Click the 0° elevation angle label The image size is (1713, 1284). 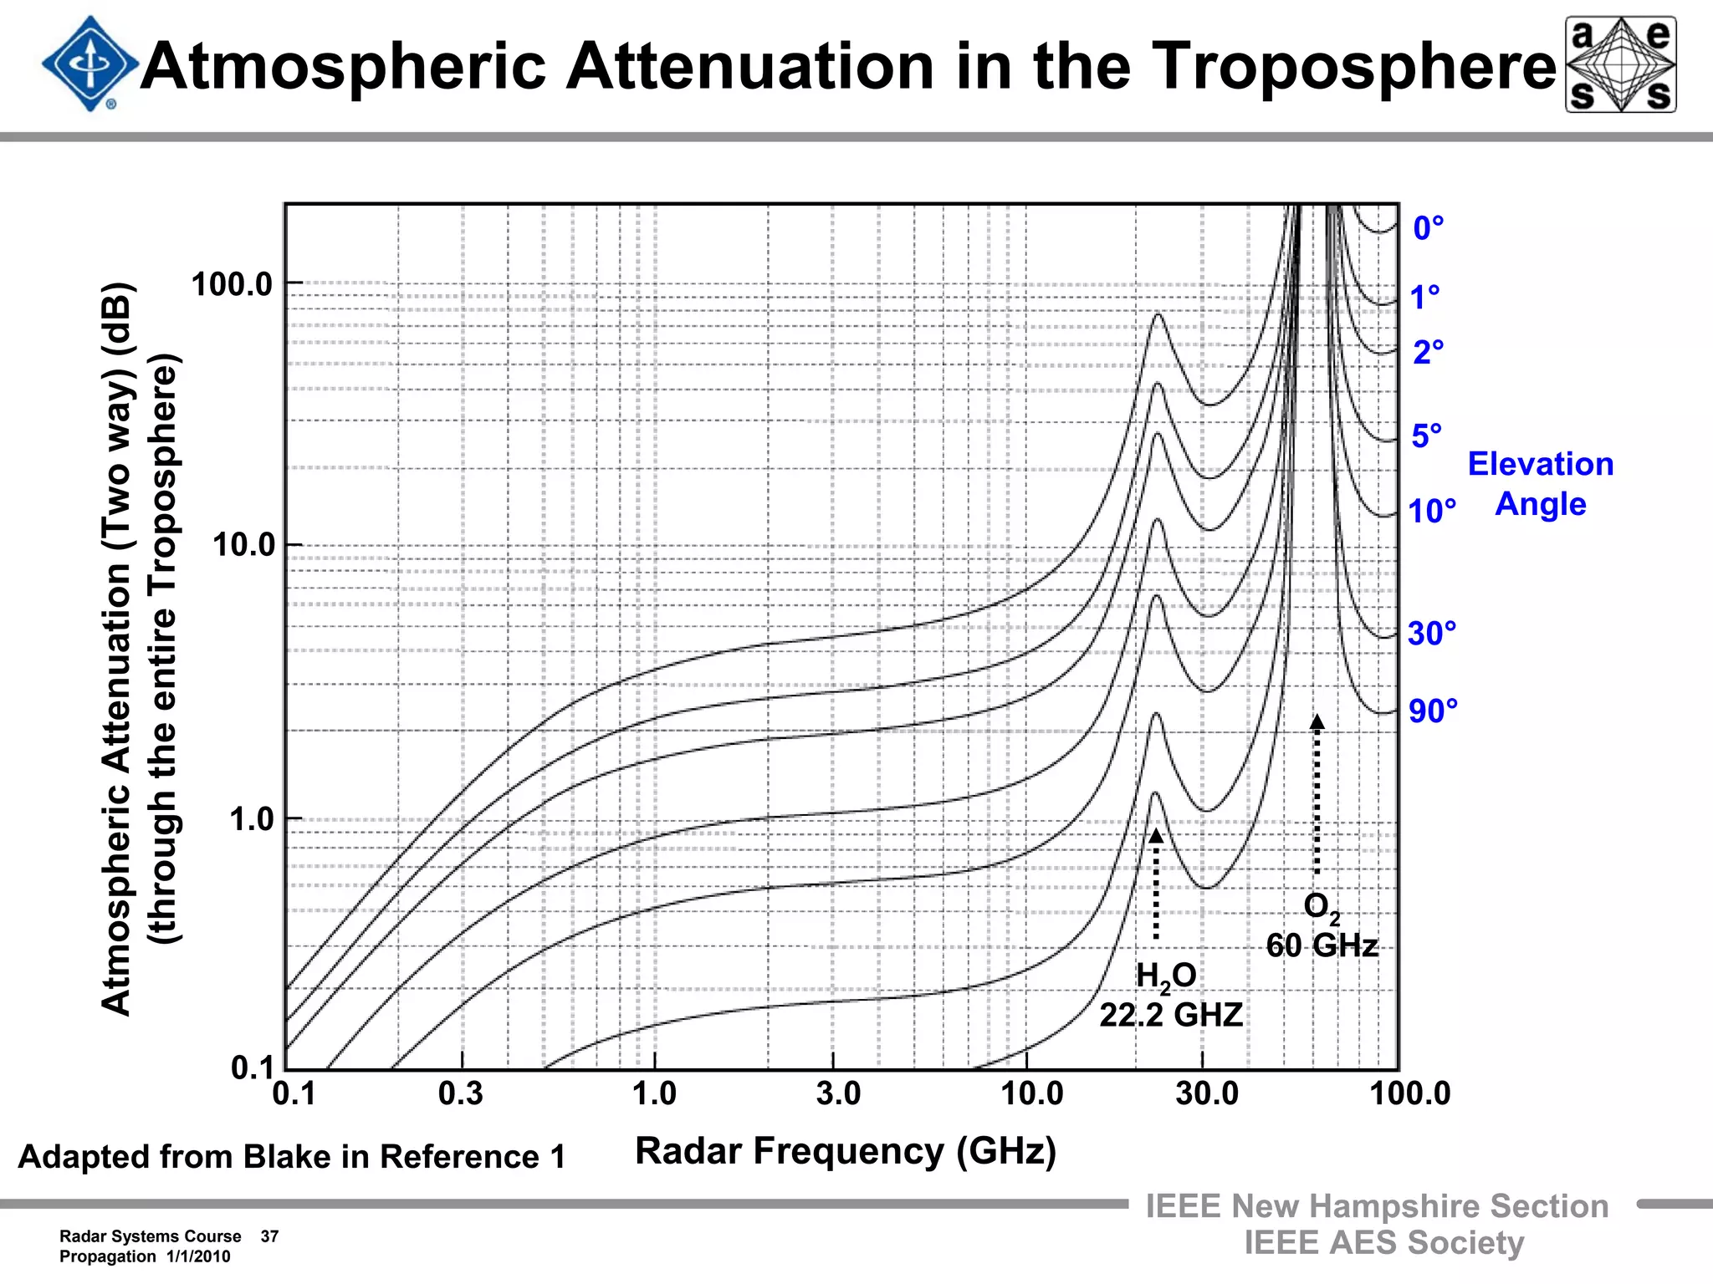[x=1428, y=228]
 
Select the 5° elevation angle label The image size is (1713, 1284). [x=1426, y=436]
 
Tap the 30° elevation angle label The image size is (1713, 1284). [x=1431, y=634]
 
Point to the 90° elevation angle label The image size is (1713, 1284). [x=1433, y=711]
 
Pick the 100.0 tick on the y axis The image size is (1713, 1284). [x=233, y=284]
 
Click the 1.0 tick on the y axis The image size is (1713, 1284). [x=252, y=819]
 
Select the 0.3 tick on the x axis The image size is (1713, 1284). [x=461, y=1093]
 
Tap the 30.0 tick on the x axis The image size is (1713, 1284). [x=1206, y=1093]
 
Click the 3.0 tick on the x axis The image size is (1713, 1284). [x=838, y=1093]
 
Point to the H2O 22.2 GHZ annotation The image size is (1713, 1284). [x=1169, y=996]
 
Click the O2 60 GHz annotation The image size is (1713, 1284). [x=1322, y=926]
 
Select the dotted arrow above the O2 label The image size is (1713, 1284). [x=1317, y=794]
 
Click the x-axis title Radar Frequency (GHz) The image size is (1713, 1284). [x=846, y=1151]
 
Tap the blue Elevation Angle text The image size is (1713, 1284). [x=1540, y=484]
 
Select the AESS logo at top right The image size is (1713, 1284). [x=1620, y=64]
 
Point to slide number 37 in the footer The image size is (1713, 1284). [x=269, y=1236]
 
